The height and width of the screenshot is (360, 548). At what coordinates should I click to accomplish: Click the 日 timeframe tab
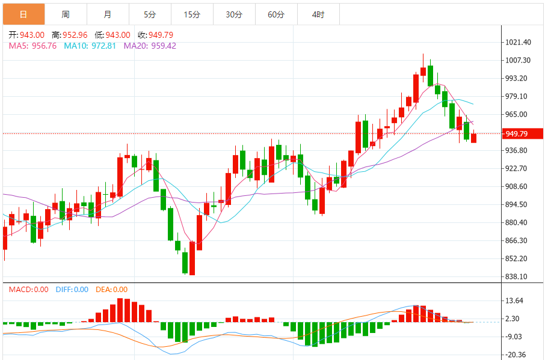pos(23,14)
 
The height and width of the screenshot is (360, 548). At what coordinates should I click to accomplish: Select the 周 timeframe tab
pos(65,14)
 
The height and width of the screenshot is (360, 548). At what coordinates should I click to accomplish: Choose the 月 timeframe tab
pos(107,14)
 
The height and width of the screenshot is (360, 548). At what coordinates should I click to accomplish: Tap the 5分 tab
pos(149,14)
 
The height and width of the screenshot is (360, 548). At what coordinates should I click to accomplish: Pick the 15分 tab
pos(191,14)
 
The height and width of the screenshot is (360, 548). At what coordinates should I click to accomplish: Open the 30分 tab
pos(234,14)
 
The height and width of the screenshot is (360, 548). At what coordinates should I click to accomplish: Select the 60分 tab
pos(276,14)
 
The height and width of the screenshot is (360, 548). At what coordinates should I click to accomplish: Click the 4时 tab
pos(318,14)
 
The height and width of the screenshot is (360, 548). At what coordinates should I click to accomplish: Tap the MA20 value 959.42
pos(163,46)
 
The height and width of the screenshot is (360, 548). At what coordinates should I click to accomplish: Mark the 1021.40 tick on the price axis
pos(518,42)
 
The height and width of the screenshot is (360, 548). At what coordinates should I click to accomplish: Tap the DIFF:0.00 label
pos(72,290)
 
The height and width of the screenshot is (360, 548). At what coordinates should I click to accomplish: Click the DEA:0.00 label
pos(111,290)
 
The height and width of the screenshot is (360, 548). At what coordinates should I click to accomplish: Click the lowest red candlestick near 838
pos(192,258)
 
